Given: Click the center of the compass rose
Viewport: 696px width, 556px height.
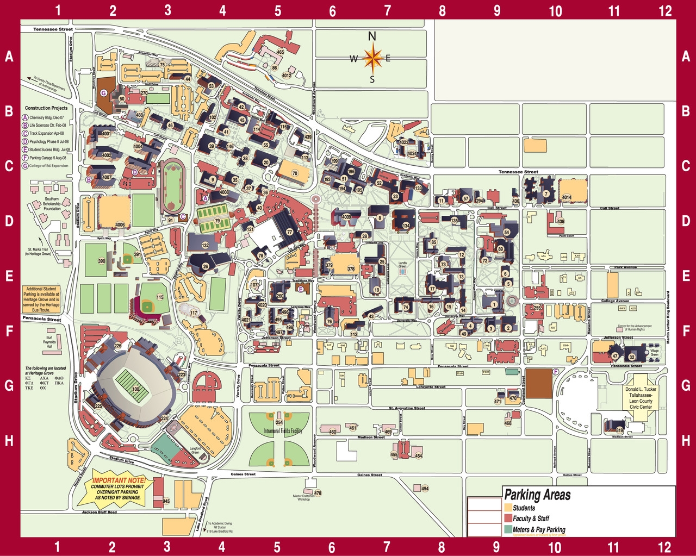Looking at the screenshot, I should (372, 58).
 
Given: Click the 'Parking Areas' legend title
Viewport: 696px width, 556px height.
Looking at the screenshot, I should (537, 495).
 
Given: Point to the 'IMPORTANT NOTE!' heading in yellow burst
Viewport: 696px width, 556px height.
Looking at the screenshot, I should (119, 481).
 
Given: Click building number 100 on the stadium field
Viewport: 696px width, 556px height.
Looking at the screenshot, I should (135, 389).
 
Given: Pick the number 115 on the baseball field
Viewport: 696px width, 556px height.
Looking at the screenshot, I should (160, 297).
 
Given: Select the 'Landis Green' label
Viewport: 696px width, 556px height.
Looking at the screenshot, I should (402, 264).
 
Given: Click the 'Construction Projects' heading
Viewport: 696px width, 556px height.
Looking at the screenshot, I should (46, 108).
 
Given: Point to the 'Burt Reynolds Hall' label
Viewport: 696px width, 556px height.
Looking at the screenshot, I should (48, 341).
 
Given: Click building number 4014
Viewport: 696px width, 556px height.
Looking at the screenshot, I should (567, 197).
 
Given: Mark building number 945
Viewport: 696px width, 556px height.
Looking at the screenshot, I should (166, 501).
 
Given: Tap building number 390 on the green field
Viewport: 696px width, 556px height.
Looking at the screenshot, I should (101, 261).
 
